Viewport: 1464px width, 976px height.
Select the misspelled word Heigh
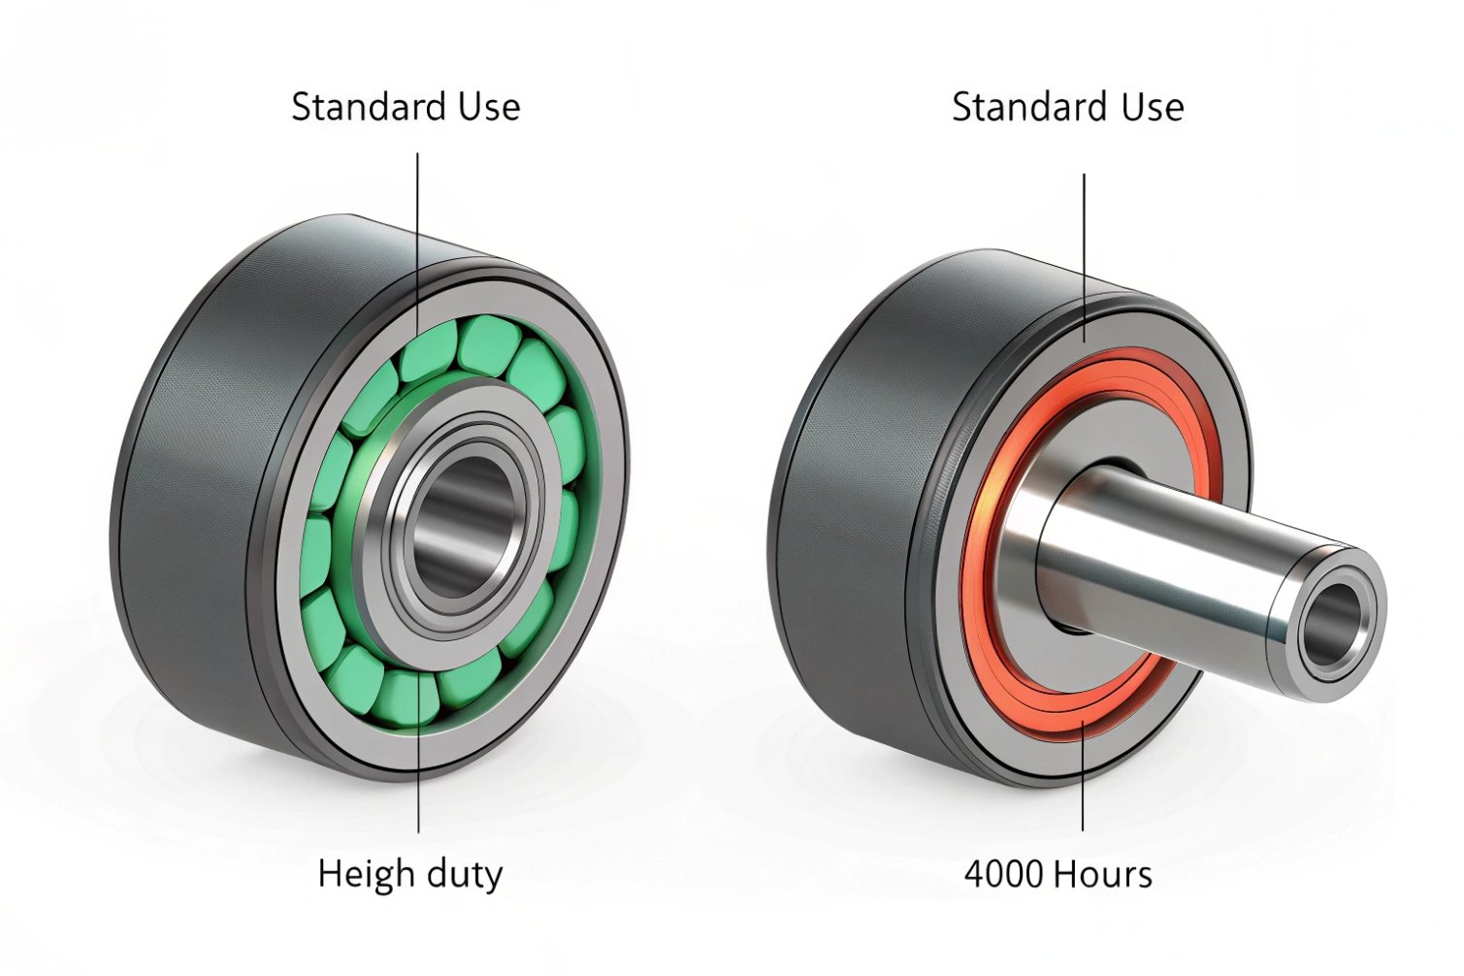pos(359,874)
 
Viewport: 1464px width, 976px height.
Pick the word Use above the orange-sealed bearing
pos(1153,107)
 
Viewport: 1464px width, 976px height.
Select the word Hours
pos(1103,874)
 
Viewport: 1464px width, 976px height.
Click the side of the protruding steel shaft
pos(1184,553)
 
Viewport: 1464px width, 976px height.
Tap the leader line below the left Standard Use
pos(418,213)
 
